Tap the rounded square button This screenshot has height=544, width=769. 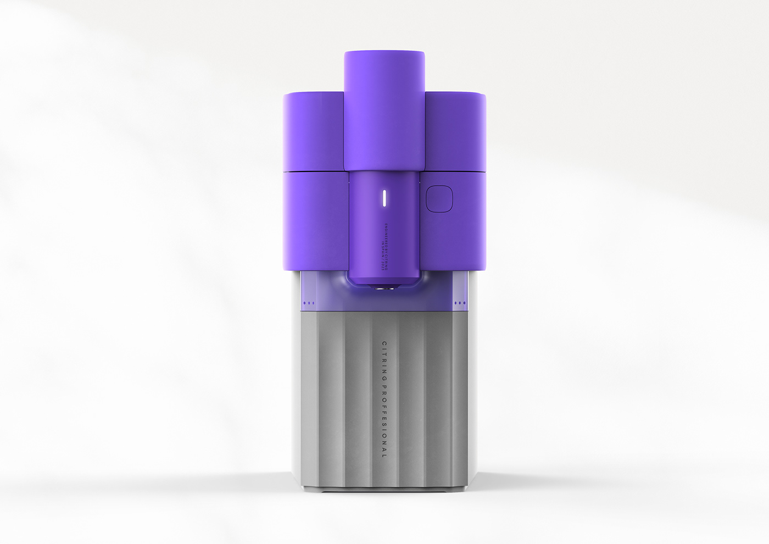coord(438,198)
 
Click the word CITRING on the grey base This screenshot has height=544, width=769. coord(384,359)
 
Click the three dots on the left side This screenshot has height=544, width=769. coord(308,302)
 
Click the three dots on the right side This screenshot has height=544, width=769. coord(460,302)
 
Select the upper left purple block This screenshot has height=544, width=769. coord(314,132)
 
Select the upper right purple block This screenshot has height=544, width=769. coord(455,132)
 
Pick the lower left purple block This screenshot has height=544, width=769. coord(316,220)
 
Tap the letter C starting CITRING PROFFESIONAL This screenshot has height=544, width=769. coord(384,343)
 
